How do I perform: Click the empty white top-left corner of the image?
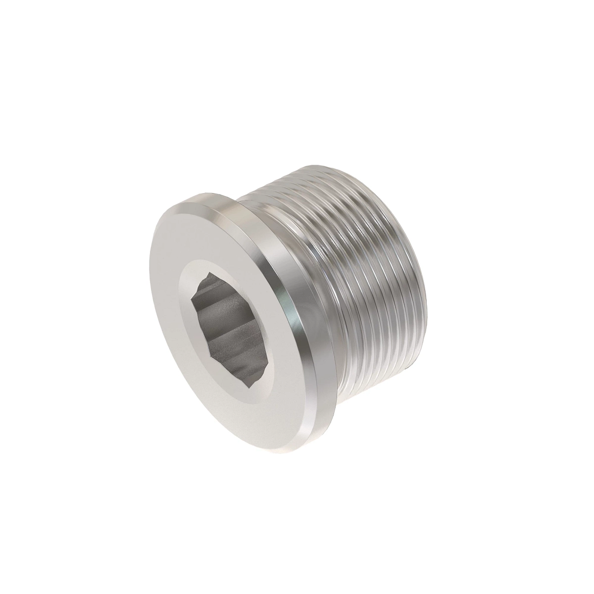20,20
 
